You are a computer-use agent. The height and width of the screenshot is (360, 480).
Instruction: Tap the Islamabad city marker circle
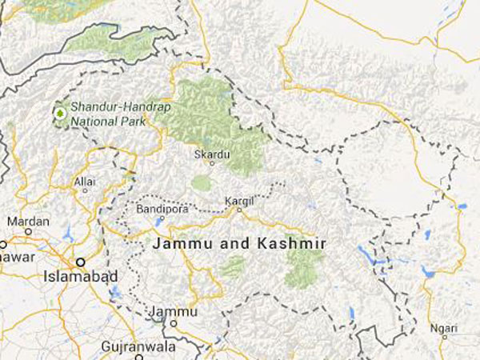[81, 262]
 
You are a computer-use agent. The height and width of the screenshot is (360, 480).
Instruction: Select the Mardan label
[28, 221]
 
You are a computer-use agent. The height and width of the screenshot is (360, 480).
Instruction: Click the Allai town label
[85, 182]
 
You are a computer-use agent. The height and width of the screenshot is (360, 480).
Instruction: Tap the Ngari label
[445, 328]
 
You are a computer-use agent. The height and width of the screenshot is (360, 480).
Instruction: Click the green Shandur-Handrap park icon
[59, 114]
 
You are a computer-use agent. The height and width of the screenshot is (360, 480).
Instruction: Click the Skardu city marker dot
[212, 163]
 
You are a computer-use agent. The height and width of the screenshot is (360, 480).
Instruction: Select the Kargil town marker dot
[238, 210]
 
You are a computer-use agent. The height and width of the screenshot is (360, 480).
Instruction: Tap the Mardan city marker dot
[28, 232]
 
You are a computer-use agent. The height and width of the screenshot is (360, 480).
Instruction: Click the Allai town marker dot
[85, 193]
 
